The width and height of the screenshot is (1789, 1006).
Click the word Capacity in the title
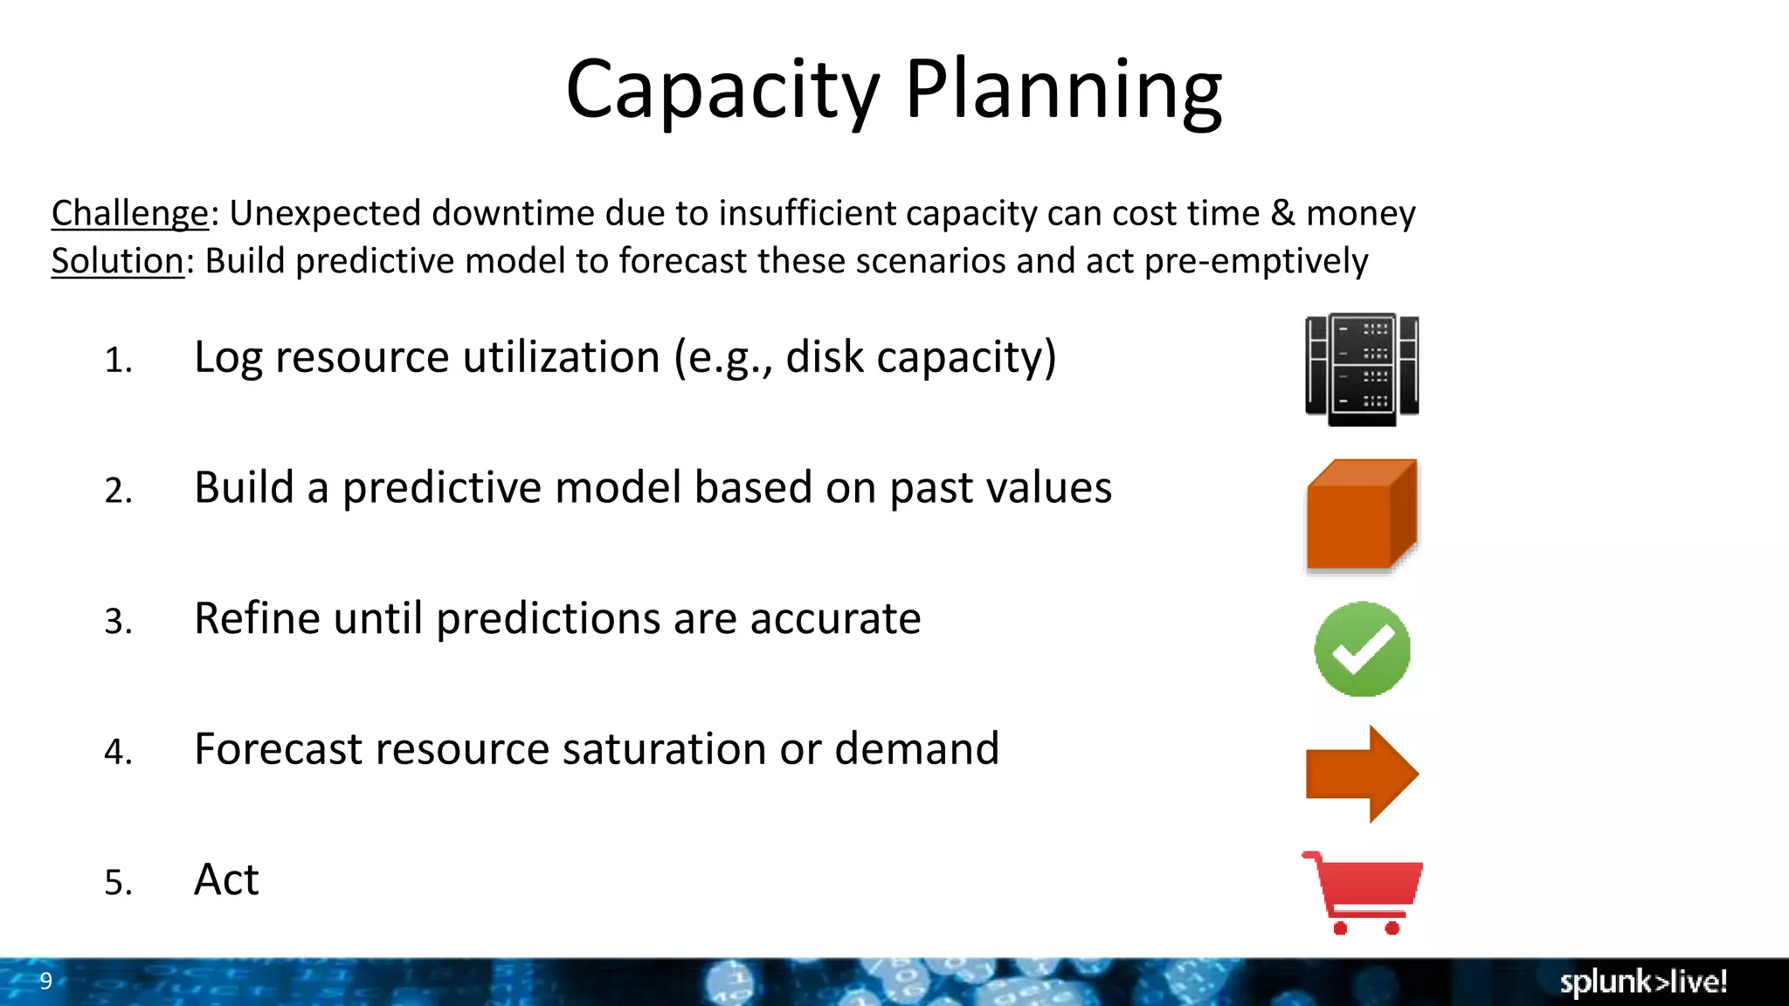pos(722,91)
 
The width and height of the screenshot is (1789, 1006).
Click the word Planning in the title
pos(1063,91)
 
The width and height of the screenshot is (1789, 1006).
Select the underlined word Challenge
pos(129,213)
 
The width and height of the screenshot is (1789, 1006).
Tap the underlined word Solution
pos(117,261)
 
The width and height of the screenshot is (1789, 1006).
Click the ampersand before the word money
pos(1282,213)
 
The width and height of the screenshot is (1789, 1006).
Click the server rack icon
pos(1362,369)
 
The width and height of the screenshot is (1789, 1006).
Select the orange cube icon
pos(1361,515)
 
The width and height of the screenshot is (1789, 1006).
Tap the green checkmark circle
pos(1362,649)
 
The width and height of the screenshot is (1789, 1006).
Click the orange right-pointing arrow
pos(1362,774)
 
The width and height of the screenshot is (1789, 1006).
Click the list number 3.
pos(118,621)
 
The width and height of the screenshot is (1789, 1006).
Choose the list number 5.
pos(118,882)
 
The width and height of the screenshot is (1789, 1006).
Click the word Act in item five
pos(226,879)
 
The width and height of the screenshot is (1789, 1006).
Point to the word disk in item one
pos(824,357)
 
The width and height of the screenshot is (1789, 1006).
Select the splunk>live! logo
pos(1643,982)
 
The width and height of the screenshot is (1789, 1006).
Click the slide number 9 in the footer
pos(46,981)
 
